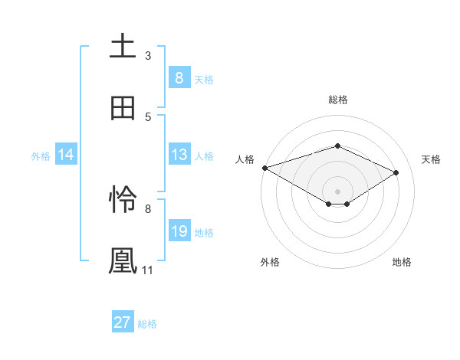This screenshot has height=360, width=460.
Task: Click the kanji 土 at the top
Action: coord(123,46)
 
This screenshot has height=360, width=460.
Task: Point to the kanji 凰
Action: coord(123,260)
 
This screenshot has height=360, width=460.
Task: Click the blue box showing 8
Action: coord(179,78)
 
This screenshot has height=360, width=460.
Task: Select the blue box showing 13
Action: coord(179,155)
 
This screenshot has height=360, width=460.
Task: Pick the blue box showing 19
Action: coord(179,231)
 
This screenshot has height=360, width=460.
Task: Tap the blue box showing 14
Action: coord(66,155)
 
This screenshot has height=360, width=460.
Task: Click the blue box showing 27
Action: coord(123,322)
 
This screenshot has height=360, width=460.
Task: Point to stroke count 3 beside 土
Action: coord(148,55)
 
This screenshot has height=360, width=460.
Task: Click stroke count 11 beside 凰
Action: coord(147,270)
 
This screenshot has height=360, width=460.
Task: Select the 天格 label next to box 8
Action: coord(204,79)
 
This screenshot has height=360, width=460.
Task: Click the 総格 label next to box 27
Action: coord(147,323)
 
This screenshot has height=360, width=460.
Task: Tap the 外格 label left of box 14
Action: coord(41,155)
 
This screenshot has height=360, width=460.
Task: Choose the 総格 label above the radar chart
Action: coord(337,100)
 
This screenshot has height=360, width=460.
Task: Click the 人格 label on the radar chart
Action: coord(245,159)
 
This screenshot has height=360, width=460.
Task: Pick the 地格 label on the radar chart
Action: coord(402,262)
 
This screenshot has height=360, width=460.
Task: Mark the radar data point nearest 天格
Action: coord(396,173)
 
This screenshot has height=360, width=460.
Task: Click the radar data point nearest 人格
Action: coord(264,168)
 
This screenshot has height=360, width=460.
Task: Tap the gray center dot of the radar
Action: coord(337,191)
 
